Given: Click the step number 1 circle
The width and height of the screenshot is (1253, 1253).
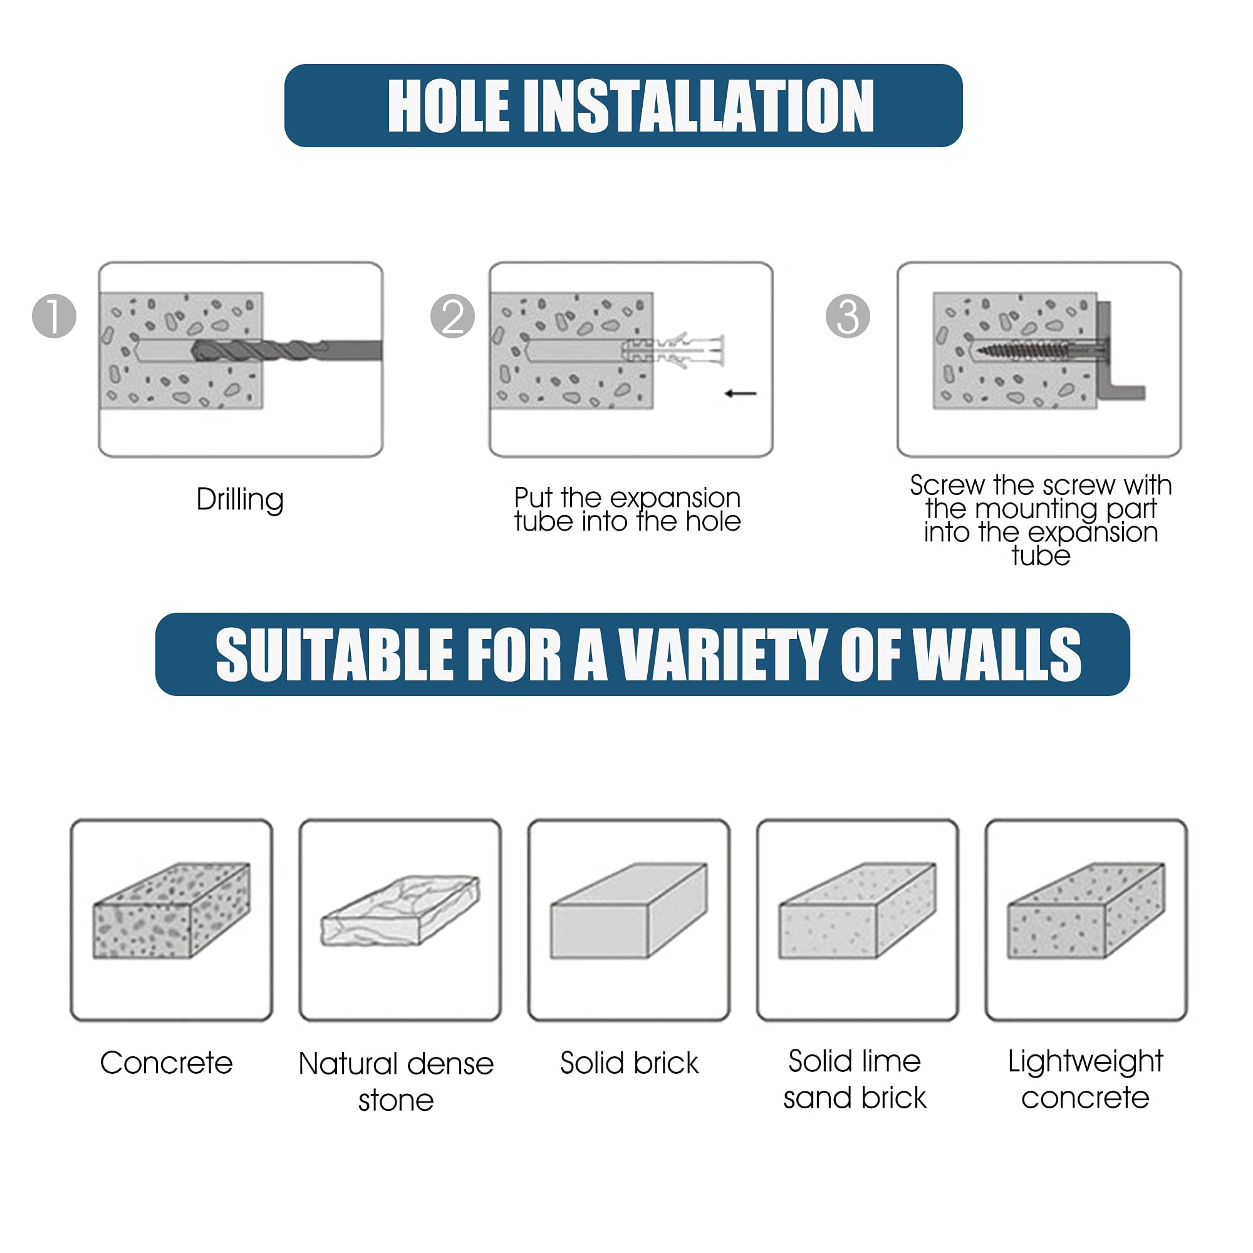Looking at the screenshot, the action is click(x=55, y=316).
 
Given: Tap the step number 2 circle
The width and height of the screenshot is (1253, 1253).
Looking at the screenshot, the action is click(x=453, y=316).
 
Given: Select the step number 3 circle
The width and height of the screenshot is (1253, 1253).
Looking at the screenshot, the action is click(x=848, y=316).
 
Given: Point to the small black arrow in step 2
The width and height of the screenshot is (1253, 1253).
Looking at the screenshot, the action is click(x=741, y=393).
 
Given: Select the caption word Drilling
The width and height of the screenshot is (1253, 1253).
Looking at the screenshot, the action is click(x=240, y=500).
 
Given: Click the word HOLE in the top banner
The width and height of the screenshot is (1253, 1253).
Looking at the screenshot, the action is click(x=448, y=107).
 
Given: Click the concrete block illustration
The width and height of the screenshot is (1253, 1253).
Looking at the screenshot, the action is click(x=172, y=910).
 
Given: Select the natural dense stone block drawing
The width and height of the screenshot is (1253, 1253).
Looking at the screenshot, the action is click(x=400, y=910).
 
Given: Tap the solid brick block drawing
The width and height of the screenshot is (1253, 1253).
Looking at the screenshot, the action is click(x=629, y=910).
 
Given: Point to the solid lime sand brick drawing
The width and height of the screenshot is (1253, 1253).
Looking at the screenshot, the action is click(x=858, y=910).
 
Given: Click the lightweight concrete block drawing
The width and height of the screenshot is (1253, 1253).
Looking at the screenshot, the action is click(x=1086, y=910).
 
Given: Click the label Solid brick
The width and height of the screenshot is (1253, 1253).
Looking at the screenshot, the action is click(x=629, y=1063).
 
